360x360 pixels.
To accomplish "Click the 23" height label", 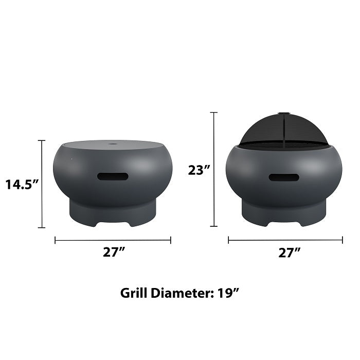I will tap(197, 170).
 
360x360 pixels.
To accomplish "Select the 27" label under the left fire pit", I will tap(113, 252).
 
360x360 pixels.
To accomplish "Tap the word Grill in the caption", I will tap(135, 293).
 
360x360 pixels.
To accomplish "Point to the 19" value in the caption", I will tap(228, 293).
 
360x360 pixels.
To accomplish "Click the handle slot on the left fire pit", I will tap(113, 176).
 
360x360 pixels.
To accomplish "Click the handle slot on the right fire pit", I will tap(284, 177).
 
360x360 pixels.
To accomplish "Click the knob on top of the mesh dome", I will tap(284, 114).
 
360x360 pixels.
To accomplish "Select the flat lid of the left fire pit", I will tap(113, 146).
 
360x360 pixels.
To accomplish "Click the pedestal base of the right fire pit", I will tap(284, 213).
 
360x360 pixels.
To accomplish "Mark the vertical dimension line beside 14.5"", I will tap(42, 184).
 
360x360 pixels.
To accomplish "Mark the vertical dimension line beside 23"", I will tap(214, 169).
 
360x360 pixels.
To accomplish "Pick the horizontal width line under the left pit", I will tap(113, 240).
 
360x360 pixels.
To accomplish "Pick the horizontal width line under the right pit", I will tap(285, 240).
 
